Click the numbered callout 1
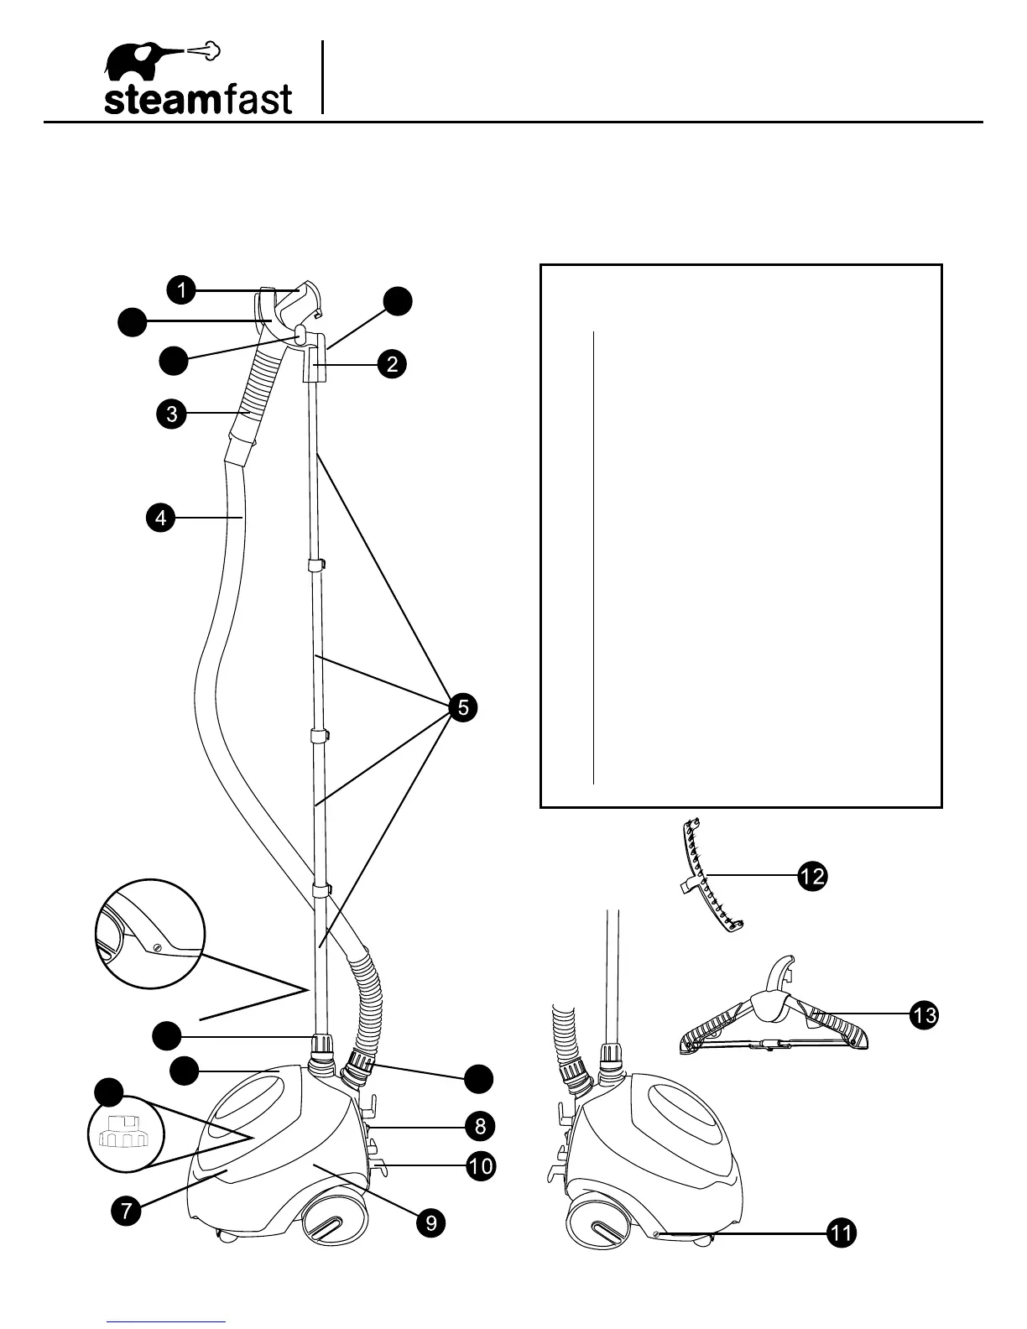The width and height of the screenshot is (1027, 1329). [x=180, y=290]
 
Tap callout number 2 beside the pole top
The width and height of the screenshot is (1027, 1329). [x=392, y=364]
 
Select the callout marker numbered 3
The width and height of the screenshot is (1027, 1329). [x=171, y=414]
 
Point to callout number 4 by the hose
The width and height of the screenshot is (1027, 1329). [x=160, y=519]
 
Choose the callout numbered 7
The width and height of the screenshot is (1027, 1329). [x=125, y=1212]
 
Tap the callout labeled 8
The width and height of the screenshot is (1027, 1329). [x=480, y=1125]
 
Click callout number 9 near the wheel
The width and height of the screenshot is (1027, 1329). [x=430, y=1222]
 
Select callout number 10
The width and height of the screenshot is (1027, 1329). [x=480, y=1166]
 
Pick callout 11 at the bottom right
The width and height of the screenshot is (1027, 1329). [x=842, y=1233]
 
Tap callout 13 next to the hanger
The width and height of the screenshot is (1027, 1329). [x=924, y=1015]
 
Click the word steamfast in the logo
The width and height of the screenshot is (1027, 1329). [x=198, y=100]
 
